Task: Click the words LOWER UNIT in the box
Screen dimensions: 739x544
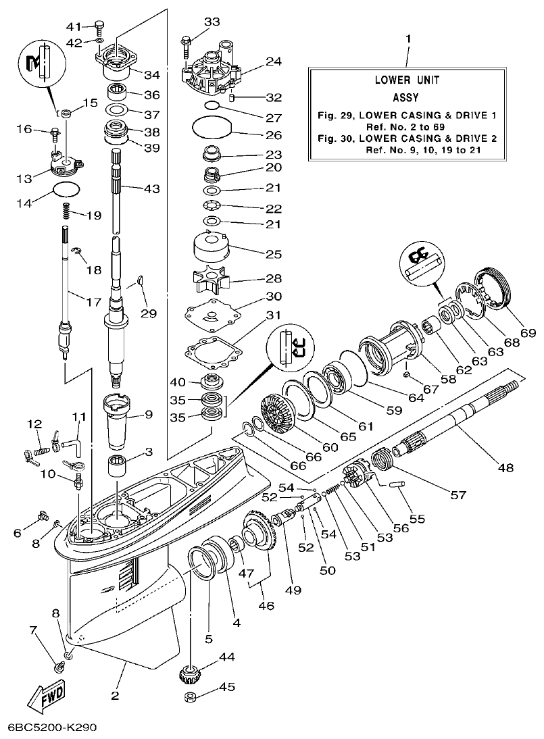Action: pos(407,80)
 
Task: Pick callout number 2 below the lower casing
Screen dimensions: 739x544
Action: pos(115,695)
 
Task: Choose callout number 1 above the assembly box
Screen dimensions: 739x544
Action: pos(407,39)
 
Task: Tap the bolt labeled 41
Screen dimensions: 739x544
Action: pos(99,28)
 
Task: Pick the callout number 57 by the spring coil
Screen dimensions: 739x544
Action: pos(458,495)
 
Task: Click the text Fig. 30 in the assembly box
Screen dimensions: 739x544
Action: pos(335,138)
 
